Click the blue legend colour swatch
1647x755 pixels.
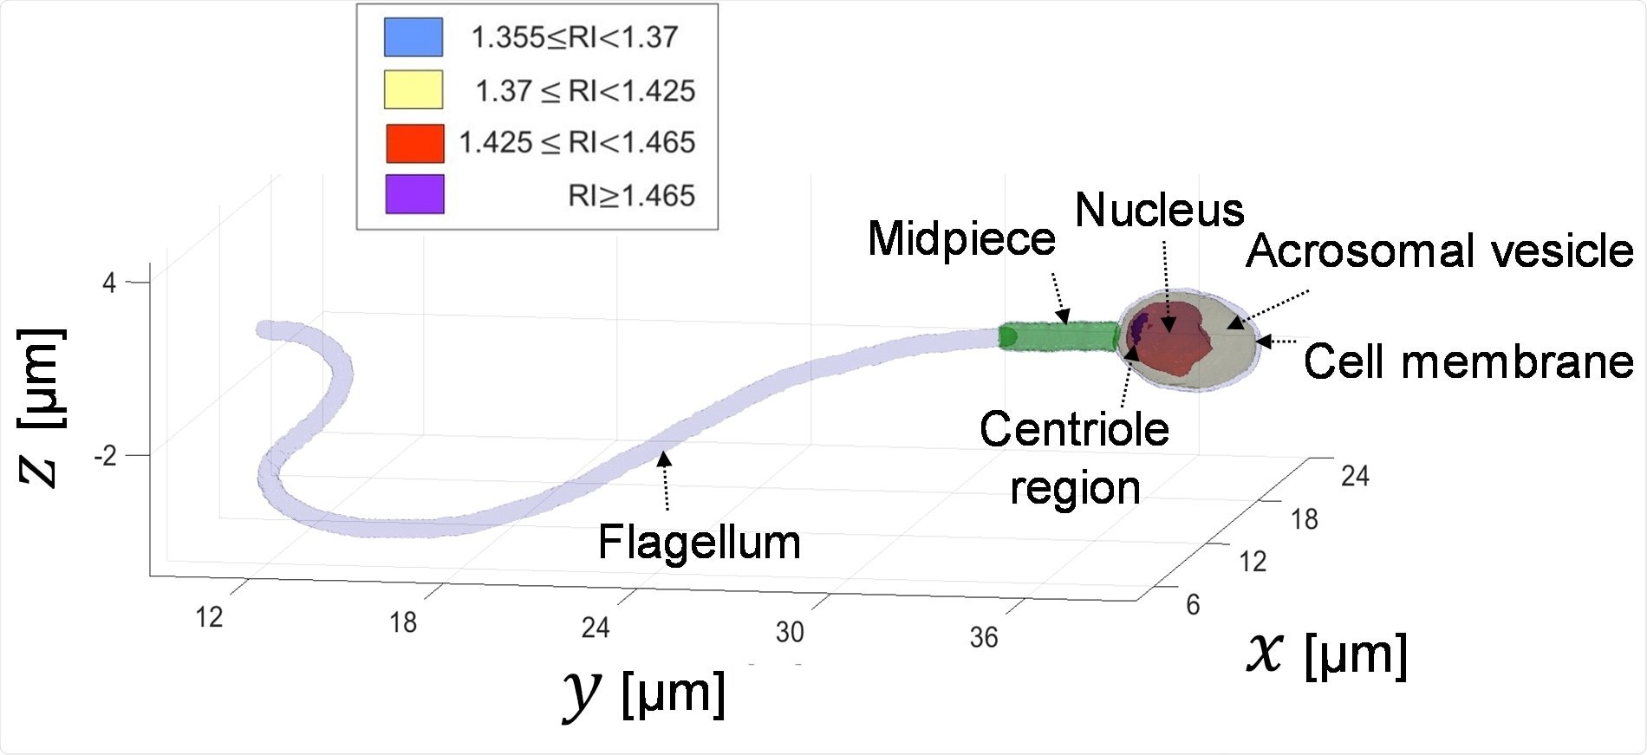coord(413,37)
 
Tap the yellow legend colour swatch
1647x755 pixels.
coord(413,90)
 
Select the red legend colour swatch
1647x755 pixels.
coord(414,143)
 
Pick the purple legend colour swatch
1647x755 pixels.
coord(414,194)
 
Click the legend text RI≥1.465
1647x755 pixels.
coord(631,196)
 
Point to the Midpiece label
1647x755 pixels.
coord(961,238)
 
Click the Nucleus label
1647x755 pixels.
coord(1159,211)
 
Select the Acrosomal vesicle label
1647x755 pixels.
coord(1439,251)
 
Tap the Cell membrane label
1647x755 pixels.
coord(1468,361)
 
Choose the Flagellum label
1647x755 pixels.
coord(699,543)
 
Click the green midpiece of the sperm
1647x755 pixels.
coord(1058,335)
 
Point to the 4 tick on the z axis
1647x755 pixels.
coord(109,283)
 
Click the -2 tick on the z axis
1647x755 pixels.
coord(106,456)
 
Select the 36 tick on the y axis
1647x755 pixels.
coord(984,638)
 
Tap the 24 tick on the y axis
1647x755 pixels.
coord(596,627)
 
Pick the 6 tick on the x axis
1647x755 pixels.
coord(1193,604)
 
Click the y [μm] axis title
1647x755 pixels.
coord(644,693)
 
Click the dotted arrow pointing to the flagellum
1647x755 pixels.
coord(665,481)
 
